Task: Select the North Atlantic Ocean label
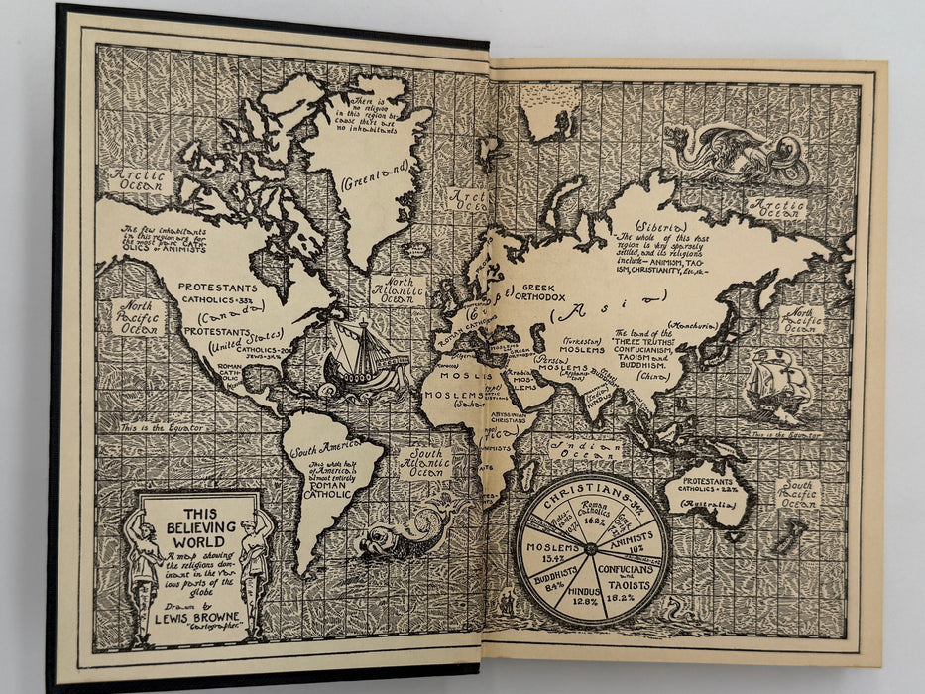coord(397,289)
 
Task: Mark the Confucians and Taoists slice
coord(635,580)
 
